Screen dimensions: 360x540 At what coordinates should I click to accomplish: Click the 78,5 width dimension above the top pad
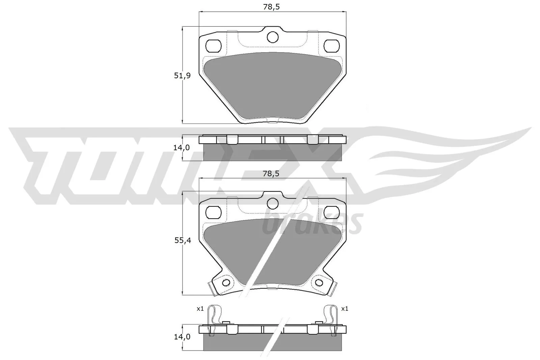(x=272, y=7)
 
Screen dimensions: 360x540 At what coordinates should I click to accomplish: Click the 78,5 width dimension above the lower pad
(x=272, y=173)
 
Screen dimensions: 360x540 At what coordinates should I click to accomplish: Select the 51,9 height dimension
(x=182, y=76)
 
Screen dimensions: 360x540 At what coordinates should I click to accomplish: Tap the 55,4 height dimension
(x=182, y=241)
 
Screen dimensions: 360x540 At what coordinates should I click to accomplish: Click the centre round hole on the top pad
(x=272, y=37)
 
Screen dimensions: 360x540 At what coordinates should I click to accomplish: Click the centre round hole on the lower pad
(x=272, y=203)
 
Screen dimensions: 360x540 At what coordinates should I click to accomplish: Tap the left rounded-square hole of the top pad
(x=213, y=45)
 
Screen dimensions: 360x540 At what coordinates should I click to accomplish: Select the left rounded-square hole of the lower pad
(x=213, y=212)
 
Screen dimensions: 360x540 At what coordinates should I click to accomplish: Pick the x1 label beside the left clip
(x=200, y=308)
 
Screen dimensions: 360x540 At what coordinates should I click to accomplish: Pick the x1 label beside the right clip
(x=344, y=308)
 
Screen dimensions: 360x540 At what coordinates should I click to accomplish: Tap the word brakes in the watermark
(x=312, y=224)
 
